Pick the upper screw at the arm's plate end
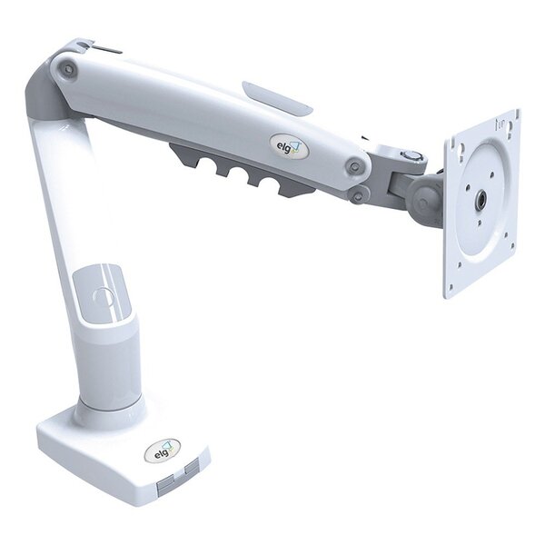click(355, 166)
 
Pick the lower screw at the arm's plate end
click(360, 194)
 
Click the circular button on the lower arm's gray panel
click(101, 296)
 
